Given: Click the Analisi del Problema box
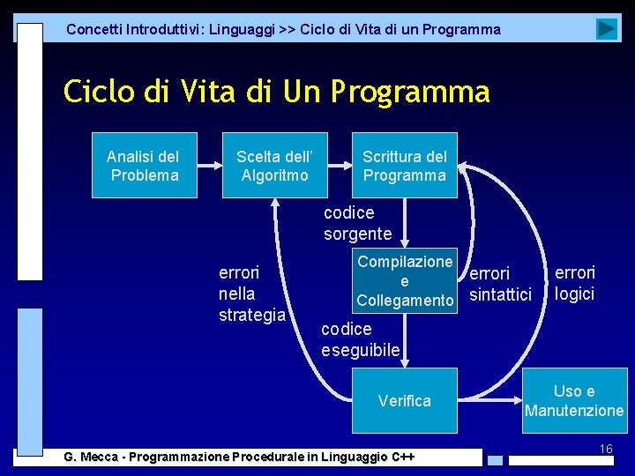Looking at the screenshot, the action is (x=143, y=166).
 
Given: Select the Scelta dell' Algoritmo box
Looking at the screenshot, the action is (x=274, y=166).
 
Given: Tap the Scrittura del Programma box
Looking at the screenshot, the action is (x=405, y=166).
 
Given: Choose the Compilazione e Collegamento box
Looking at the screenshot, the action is (x=405, y=281).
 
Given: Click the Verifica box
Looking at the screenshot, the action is (x=405, y=401).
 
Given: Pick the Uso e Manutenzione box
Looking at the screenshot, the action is (x=574, y=401).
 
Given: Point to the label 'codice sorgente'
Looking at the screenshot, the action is (x=357, y=223).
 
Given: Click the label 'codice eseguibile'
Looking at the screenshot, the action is (x=360, y=339).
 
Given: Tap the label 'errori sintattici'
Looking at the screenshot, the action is (x=500, y=284).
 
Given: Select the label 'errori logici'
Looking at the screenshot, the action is (x=575, y=283).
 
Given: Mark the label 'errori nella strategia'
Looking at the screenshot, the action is (x=251, y=293).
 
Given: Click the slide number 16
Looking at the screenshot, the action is (x=605, y=450).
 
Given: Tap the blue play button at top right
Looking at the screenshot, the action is (x=606, y=29).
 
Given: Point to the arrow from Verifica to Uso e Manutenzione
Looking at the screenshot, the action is (x=489, y=401).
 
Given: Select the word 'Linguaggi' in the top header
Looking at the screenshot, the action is (x=240, y=29).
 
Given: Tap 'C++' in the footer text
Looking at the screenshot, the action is (x=402, y=457).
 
